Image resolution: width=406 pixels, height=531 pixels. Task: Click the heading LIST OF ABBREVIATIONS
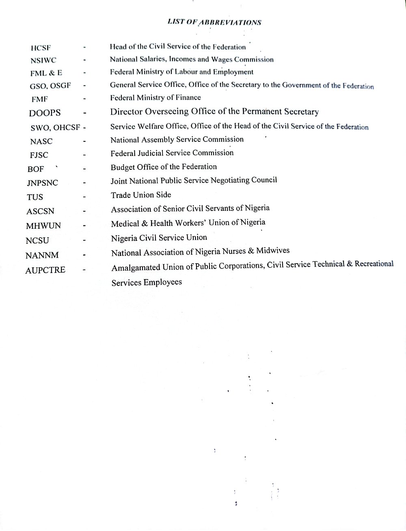pos(214,22)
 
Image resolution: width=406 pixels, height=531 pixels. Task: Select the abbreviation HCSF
pos(41,48)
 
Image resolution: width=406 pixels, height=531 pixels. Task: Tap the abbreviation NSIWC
pos(43,61)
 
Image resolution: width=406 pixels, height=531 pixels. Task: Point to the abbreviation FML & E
pos(46,73)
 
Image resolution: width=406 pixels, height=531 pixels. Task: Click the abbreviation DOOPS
pos(45,113)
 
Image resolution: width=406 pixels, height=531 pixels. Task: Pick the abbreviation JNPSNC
pos(42,183)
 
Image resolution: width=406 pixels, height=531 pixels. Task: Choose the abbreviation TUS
pos(35,197)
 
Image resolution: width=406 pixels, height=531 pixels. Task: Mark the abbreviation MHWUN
pos(43,226)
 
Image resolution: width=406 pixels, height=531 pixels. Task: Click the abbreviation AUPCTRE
pos(45,270)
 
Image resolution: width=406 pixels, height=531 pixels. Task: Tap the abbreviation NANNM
pos(42,256)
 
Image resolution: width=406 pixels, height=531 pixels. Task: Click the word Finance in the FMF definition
pos(188,98)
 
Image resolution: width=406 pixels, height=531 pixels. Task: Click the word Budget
pos(123,167)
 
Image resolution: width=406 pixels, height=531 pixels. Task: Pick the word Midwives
pos(273,251)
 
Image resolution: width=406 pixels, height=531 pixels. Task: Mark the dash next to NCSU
pos(84,241)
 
